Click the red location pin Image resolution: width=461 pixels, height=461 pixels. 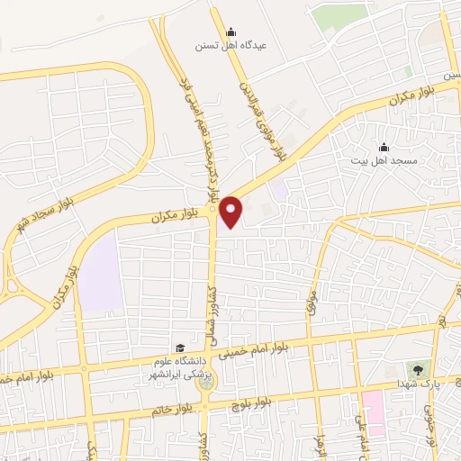point(232,212)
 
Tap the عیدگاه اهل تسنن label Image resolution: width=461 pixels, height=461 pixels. point(230,44)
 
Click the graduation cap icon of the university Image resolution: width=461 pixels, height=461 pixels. point(180,348)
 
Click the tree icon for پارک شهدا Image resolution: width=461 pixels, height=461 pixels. point(417,369)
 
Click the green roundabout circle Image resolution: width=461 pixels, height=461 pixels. point(208,380)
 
